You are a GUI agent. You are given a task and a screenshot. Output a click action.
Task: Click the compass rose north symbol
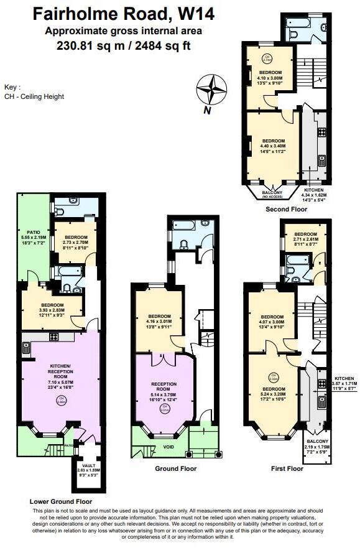[212, 91]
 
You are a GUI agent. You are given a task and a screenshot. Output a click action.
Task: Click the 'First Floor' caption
[287, 468]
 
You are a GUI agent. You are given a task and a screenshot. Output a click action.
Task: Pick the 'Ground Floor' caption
[175, 468]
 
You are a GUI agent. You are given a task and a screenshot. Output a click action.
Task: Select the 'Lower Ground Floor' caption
[61, 500]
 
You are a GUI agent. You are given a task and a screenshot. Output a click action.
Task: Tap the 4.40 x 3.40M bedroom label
[273, 146]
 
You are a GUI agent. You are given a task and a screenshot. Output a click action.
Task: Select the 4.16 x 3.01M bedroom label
[158, 322]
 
